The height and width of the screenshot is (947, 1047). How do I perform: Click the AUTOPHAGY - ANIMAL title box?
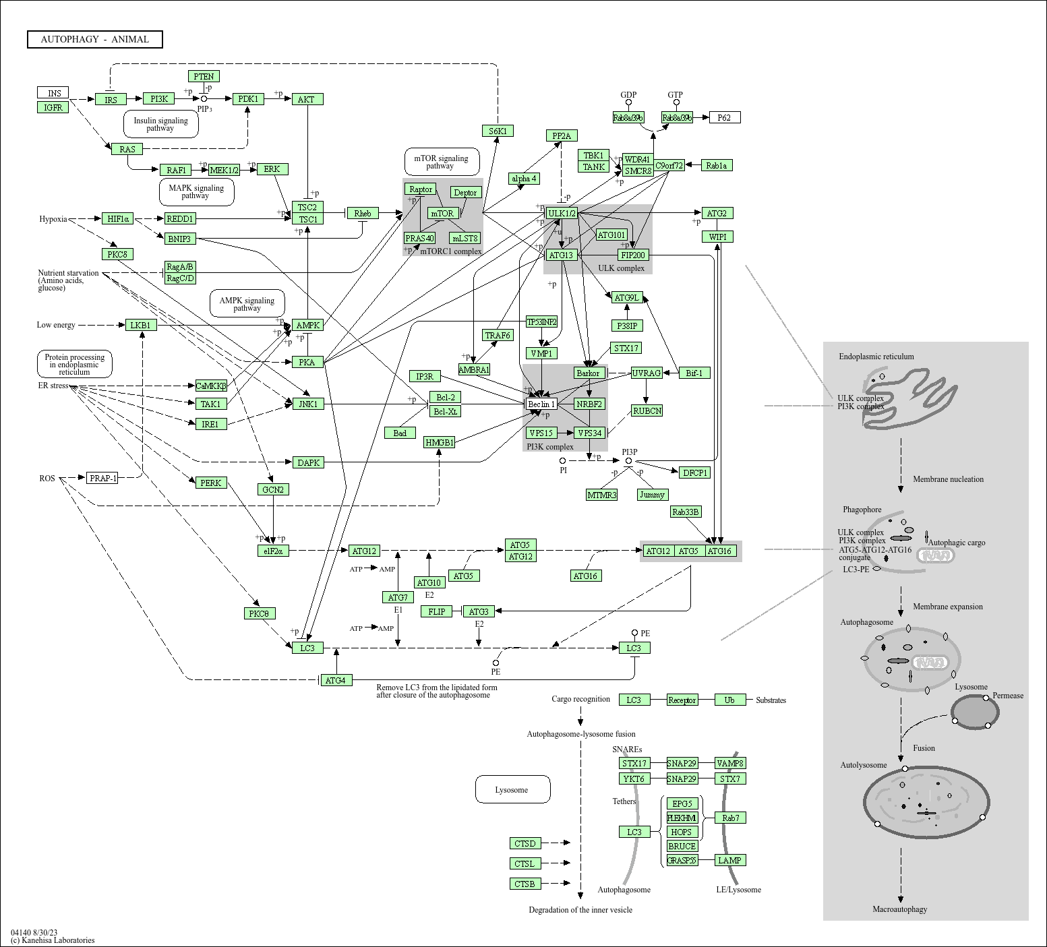click(x=95, y=40)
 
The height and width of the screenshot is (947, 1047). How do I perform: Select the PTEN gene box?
click(x=204, y=77)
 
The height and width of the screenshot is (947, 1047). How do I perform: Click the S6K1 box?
click(x=498, y=131)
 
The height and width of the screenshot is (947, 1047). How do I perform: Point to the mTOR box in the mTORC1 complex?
click(x=442, y=214)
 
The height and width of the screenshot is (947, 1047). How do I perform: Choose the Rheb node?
click(x=363, y=214)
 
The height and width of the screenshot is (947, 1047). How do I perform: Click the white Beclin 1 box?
click(x=541, y=404)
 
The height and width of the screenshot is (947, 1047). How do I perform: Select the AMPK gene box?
click(x=308, y=326)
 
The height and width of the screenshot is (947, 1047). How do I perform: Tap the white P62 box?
click(x=724, y=118)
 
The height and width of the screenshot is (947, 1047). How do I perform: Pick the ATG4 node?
click(x=335, y=681)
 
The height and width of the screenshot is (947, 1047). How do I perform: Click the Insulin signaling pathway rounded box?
click(x=160, y=125)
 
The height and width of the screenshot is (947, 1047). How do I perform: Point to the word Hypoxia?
click(x=53, y=219)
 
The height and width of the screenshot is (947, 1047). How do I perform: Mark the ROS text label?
click(x=47, y=479)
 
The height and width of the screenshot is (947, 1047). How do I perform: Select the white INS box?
click(x=53, y=93)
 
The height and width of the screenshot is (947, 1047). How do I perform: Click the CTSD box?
click(x=525, y=844)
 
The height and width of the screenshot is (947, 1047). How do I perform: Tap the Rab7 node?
click(x=731, y=818)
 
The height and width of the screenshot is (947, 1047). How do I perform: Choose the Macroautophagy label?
click(x=899, y=909)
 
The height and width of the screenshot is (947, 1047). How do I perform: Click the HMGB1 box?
click(x=440, y=443)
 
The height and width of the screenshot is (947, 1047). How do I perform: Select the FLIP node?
click(x=437, y=612)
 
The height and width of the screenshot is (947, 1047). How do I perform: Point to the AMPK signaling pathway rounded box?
click(x=247, y=305)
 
